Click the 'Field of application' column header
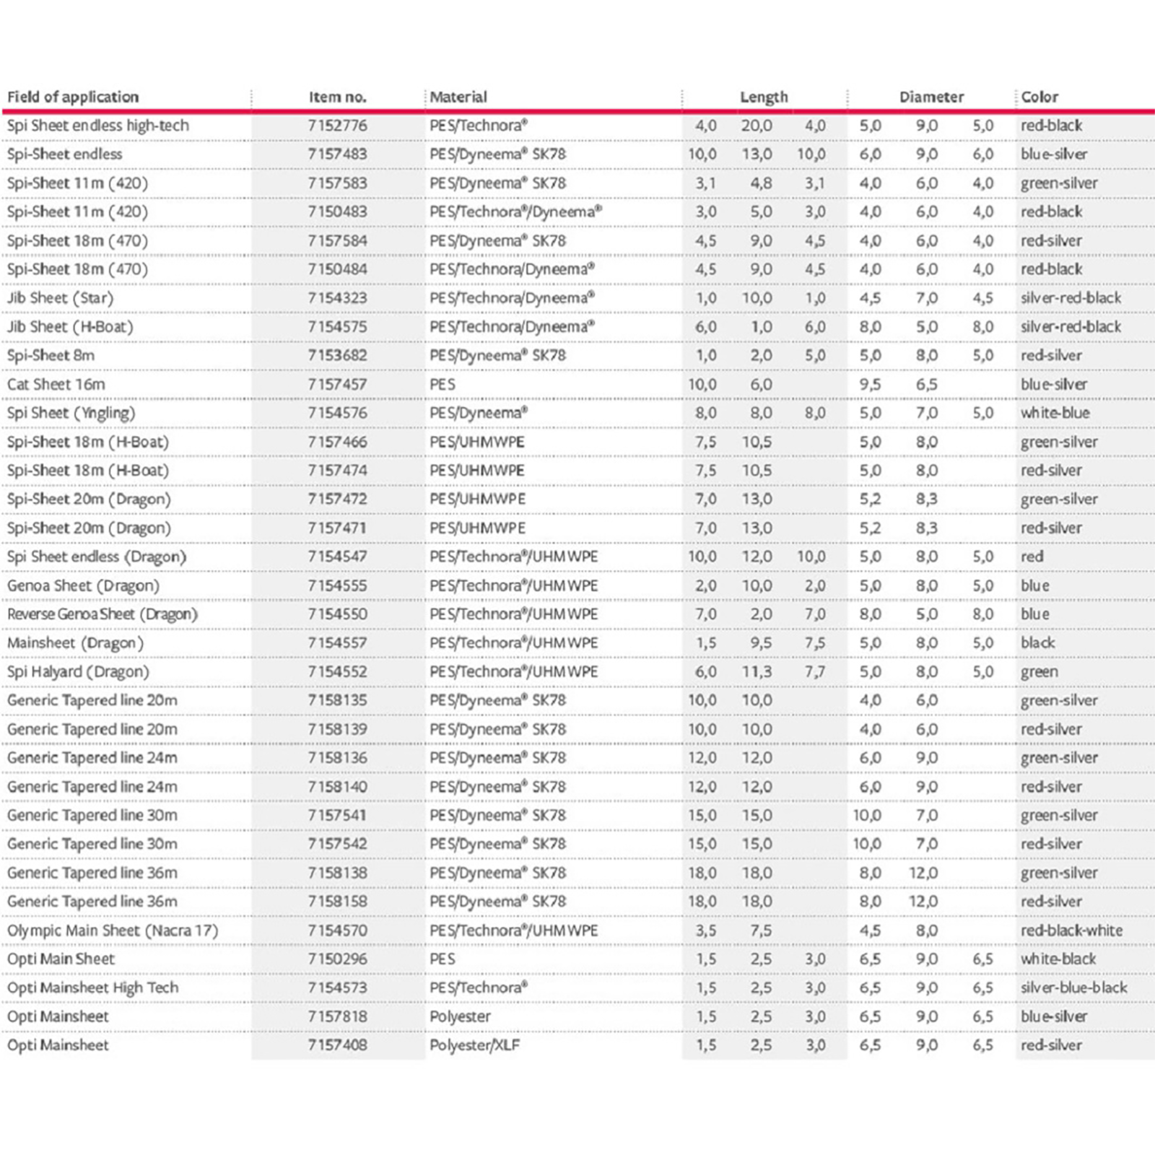[x=73, y=97]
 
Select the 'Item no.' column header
[x=337, y=97]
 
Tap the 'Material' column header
[x=458, y=97]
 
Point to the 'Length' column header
[x=764, y=97]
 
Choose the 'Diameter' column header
[x=931, y=97]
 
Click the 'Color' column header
[x=1039, y=97]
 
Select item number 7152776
[x=337, y=126]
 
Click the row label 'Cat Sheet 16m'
[x=56, y=384]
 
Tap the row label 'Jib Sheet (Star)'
[x=61, y=298]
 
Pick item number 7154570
[x=337, y=930]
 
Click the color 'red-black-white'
[x=1071, y=930]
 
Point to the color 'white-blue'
[x=1055, y=413]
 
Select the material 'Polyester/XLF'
[x=474, y=1045]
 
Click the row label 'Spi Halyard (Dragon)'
[x=78, y=672]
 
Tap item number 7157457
[x=337, y=384]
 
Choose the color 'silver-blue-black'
[x=1073, y=988]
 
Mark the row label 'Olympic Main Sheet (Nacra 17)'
[x=113, y=930]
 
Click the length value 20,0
[x=757, y=126]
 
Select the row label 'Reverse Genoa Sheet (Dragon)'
[x=103, y=614]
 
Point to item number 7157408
[x=337, y=1045]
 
